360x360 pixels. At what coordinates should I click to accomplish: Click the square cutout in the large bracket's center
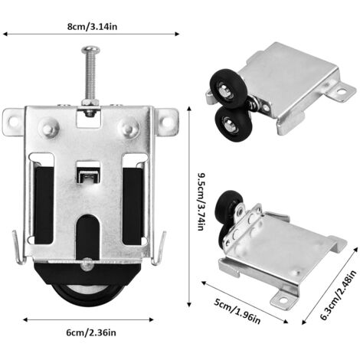coord(90,173)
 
